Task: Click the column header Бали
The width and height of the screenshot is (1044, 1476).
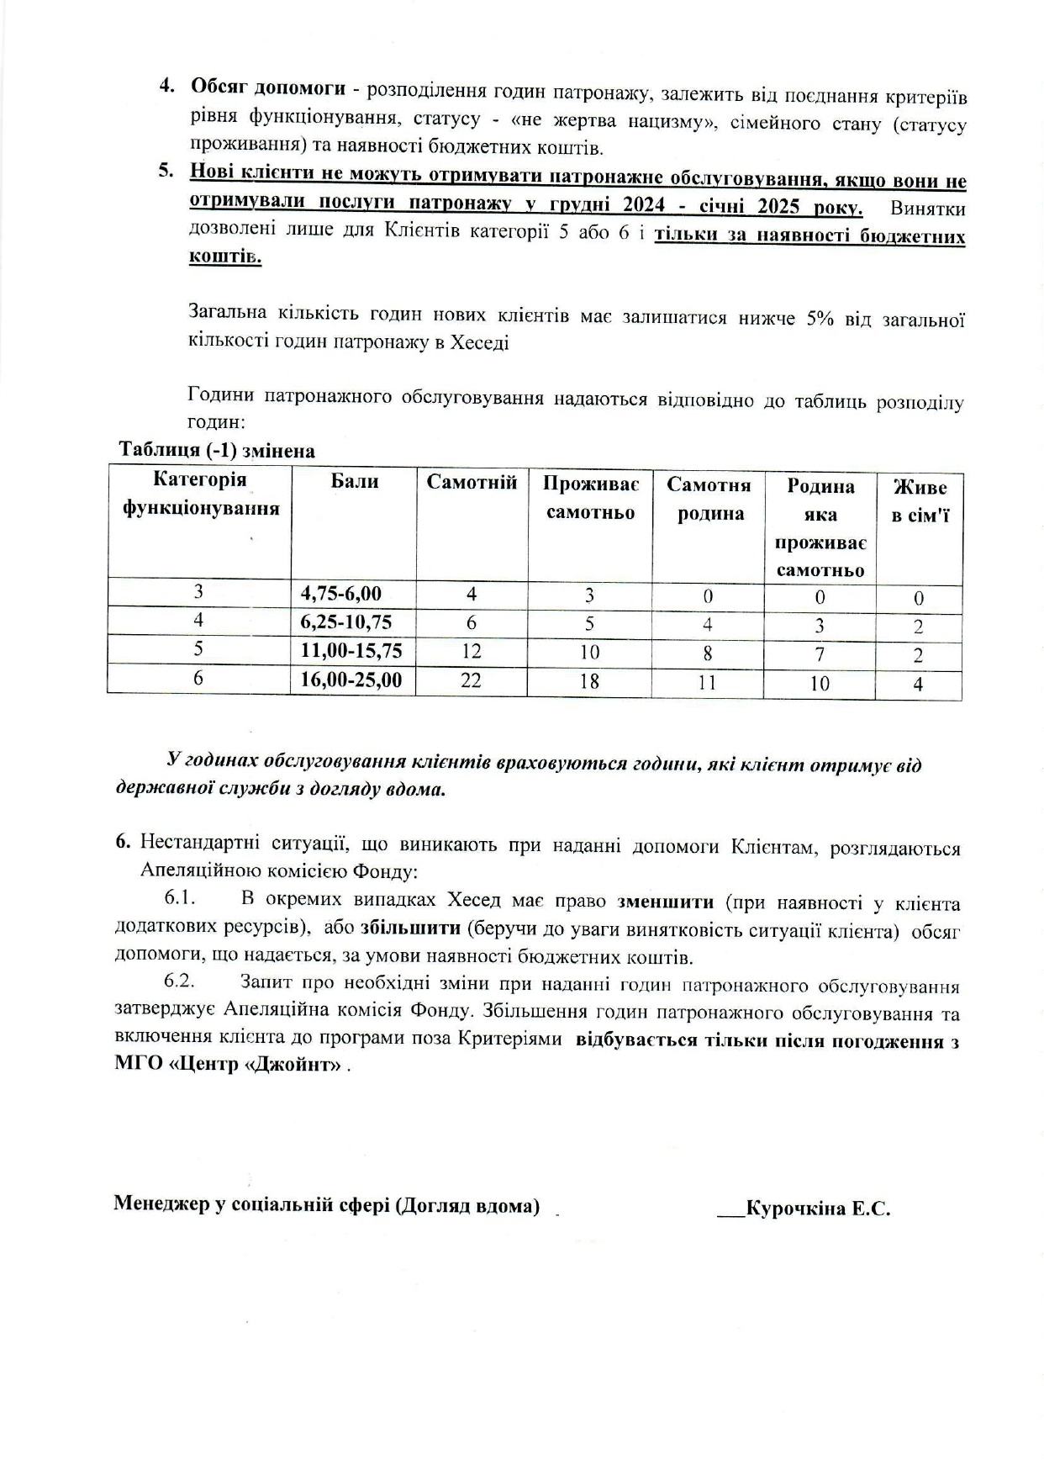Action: tap(354, 481)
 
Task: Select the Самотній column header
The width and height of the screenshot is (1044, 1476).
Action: tap(472, 482)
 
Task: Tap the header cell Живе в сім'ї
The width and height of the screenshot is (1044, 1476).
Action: tap(920, 500)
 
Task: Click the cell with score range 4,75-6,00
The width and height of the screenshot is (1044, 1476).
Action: tap(341, 594)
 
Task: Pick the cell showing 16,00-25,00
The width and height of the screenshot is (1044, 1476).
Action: tap(351, 680)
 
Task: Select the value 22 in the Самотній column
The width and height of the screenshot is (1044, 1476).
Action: tap(471, 680)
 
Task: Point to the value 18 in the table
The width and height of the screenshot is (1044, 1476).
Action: tap(589, 681)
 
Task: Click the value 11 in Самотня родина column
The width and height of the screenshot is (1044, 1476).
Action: tap(708, 682)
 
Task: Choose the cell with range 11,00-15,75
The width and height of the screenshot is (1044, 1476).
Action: tap(351, 651)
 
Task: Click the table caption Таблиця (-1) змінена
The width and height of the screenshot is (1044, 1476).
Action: tap(217, 451)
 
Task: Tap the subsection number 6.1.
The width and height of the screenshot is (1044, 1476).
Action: tap(180, 898)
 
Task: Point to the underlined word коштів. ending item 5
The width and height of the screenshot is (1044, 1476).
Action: tap(225, 257)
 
